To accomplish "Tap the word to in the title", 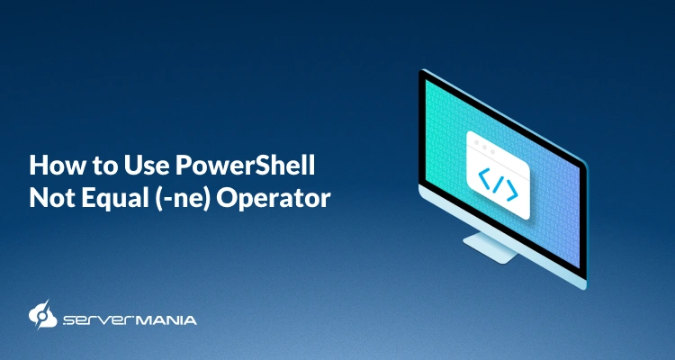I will pos(93,167).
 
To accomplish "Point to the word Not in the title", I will pos(49,198).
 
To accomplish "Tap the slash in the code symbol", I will pos(498,186).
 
